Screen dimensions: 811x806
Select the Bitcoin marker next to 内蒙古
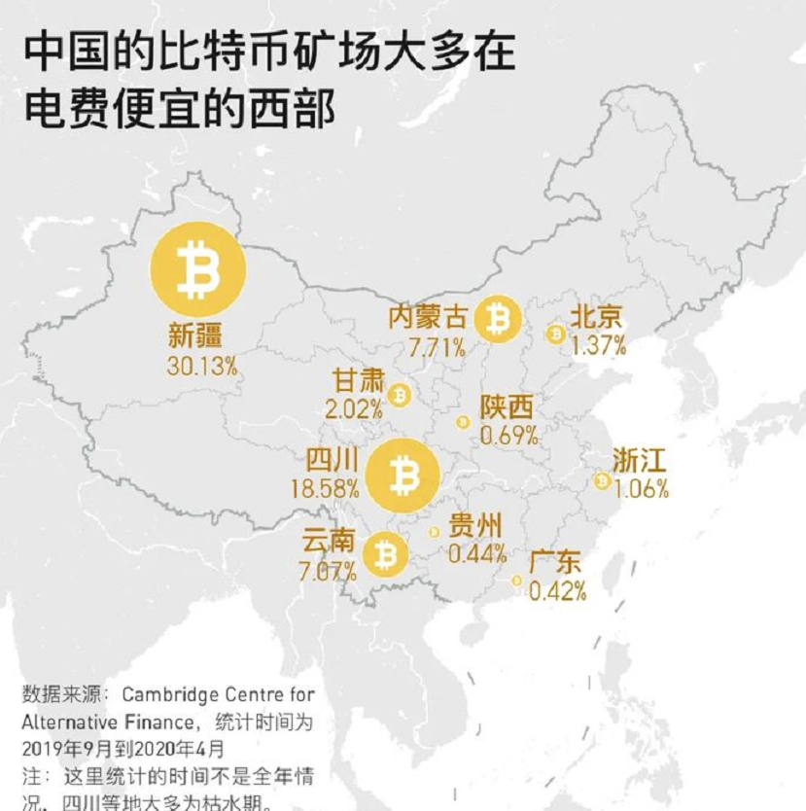click(498, 318)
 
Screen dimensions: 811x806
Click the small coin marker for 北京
click(556, 335)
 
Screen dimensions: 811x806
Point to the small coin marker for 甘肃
click(399, 395)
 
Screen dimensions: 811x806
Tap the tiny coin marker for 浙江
click(602, 480)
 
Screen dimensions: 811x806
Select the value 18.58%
click(324, 488)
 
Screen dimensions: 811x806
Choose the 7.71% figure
click(437, 345)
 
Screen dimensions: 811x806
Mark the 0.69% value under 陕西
click(508, 436)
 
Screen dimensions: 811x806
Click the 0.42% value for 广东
click(557, 590)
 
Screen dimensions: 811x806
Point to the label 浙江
click(640, 460)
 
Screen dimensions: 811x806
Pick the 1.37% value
click(598, 345)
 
